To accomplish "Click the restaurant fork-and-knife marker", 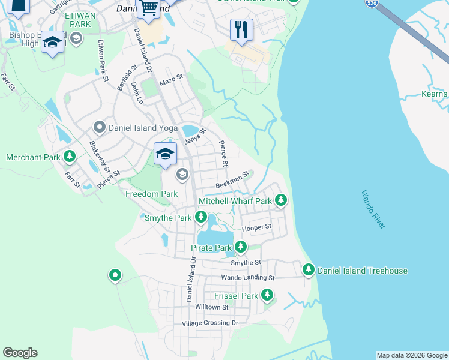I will coord(241,29).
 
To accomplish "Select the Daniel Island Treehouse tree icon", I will coord(309,271).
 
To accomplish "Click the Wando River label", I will coord(373,209).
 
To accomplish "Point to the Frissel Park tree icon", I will coord(267,296).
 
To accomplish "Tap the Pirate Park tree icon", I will coord(241,247).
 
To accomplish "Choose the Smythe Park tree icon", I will coord(201,218).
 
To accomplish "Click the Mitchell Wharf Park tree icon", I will coord(280,201).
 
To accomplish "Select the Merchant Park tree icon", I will coord(70,157).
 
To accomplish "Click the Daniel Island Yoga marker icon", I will coord(99,127).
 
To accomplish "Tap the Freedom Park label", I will coord(151,194).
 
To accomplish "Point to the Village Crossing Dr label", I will coord(210,323).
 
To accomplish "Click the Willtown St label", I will coord(212,307).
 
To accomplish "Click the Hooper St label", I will coord(256,227).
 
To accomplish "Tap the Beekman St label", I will coord(232,181).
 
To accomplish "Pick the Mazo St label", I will coord(170,79).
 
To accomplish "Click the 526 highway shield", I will coord(371,4).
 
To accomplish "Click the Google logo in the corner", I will coord(20,353).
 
